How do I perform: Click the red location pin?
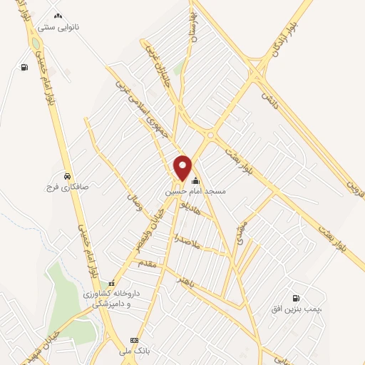tap(183, 167)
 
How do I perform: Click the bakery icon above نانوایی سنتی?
tap(58, 16)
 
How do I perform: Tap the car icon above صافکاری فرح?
tap(66, 175)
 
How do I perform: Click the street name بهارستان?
tap(191, 29)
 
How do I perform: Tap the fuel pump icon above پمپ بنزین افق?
tap(294, 298)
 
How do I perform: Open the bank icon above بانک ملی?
tap(134, 339)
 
